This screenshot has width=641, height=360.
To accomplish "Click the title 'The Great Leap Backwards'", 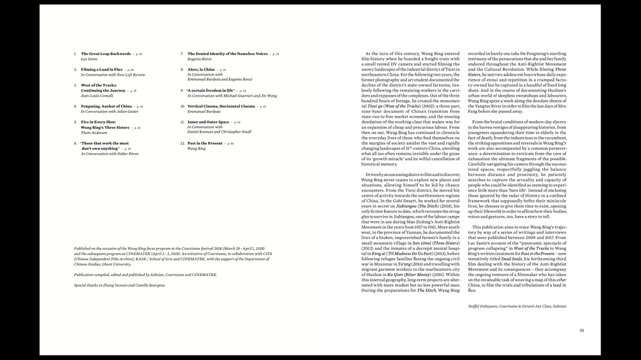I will click(106, 54).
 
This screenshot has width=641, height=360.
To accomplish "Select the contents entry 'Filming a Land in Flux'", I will click(101, 69).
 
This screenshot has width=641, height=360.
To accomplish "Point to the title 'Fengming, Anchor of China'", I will click(106, 106).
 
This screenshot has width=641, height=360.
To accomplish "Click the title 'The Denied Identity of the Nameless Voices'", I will click(228, 54).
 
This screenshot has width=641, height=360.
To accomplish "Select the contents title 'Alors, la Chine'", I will click(201, 69).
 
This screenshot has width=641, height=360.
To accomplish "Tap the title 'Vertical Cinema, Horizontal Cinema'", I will click(221, 106).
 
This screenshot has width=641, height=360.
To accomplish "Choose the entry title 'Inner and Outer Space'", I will click(208, 122).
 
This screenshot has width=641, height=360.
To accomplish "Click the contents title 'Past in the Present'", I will click(204, 143).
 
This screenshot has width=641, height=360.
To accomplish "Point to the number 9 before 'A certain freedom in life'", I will click(182, 90).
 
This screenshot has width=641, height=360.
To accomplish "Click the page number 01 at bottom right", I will click(582, 331).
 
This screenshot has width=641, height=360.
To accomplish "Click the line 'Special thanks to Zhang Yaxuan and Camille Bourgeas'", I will click(119, 285).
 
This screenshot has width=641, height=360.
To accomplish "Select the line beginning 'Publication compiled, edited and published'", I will click(145, 274).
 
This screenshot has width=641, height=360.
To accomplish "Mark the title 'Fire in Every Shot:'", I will click(98, 122).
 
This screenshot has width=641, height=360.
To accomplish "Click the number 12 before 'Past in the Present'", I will click(182, 143).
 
